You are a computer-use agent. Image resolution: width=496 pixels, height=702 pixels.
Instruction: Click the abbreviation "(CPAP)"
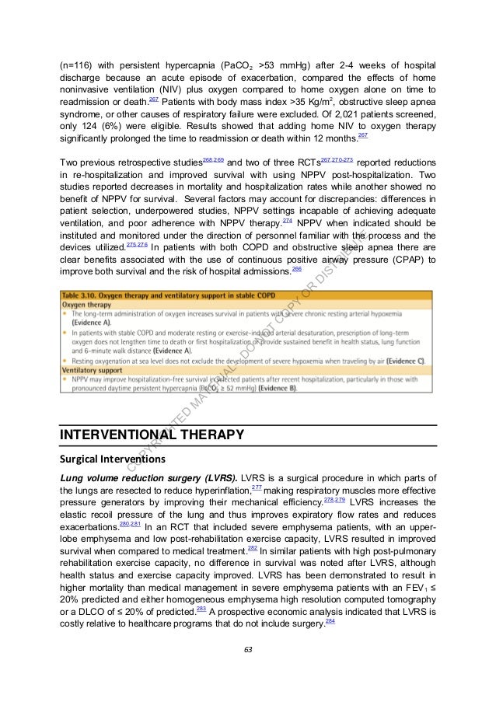pyautogui.click(x=404, y=258)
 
